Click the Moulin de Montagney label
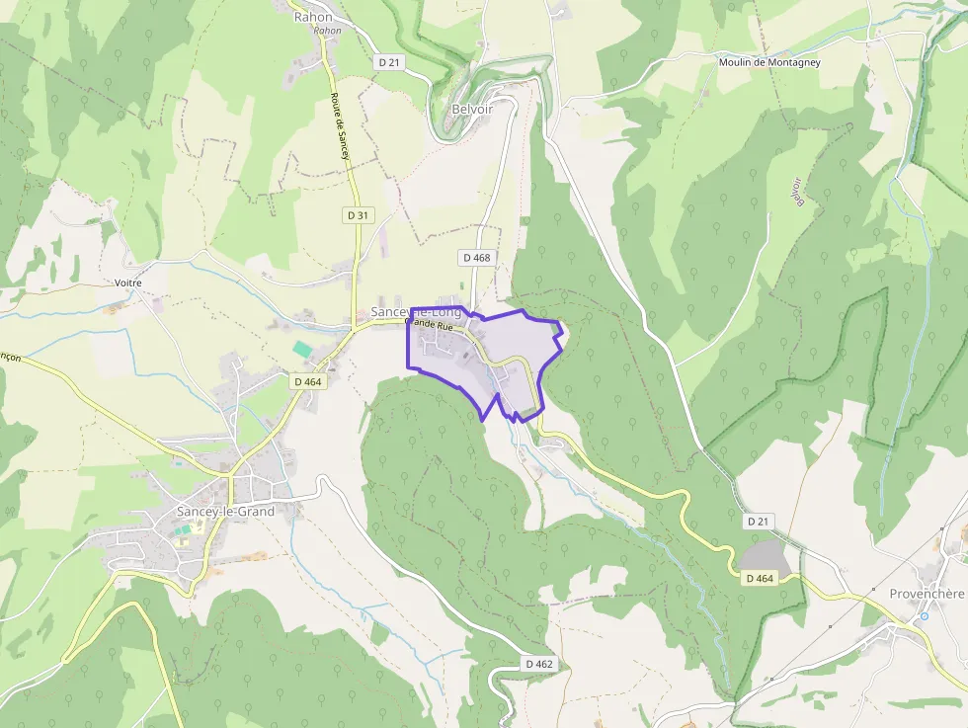[x=769, y=62]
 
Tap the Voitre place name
[x=128, y=283]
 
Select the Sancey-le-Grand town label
[x=224, y=511]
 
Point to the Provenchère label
[x=927, y=593]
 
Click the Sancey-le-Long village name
[x=415, y=311]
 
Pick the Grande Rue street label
[x=429, y=323]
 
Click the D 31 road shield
[x=358, y=214]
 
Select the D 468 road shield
[x=475, y=257]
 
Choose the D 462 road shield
[x=539, y=664]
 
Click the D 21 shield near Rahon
[x=389, y=61]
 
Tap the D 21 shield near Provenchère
[x=758, y=521]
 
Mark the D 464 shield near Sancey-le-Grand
[x=307, y=381]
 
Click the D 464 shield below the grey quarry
[x=760, y=578]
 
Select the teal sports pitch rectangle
[x=301, y=350]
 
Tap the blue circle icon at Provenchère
[x=924, y=615]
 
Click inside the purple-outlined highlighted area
[x=514, y=346]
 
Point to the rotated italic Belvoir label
[x=796, y=192]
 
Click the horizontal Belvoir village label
[x=471, y=109]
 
